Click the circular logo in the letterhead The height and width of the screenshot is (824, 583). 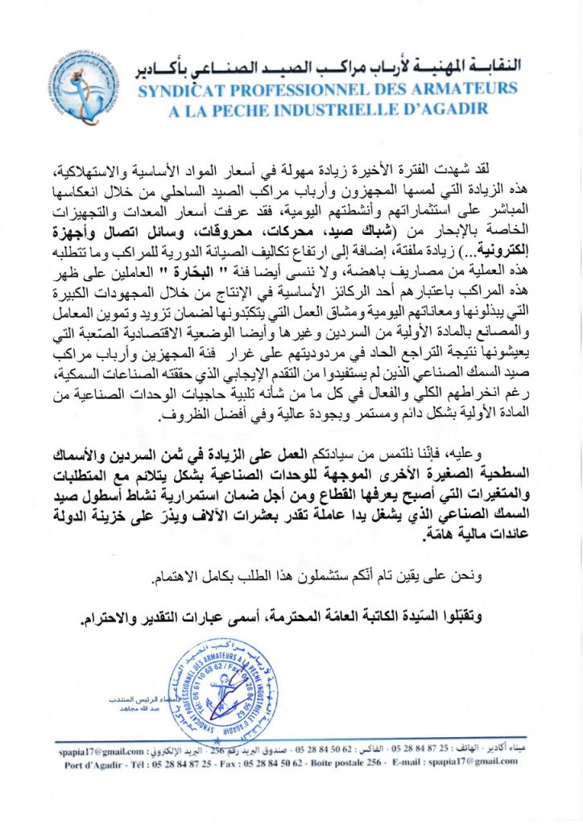(x=90, y=84)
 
